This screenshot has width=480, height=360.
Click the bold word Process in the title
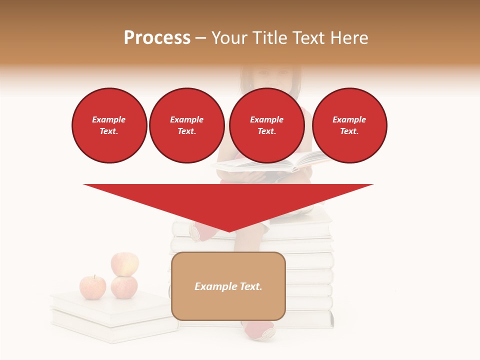[157, 38]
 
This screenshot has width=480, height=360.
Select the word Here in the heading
[349, 38]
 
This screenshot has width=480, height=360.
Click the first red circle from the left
[109, 125]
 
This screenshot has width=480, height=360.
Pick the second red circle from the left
[186, 125]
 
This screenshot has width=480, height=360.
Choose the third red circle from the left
[266, 125]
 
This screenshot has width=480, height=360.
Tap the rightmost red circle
[349, 125]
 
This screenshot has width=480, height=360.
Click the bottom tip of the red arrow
[229, 231]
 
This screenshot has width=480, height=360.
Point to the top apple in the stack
[124, 263]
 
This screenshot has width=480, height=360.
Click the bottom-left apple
[92, 287]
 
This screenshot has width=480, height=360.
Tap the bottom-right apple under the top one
[124, 287]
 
